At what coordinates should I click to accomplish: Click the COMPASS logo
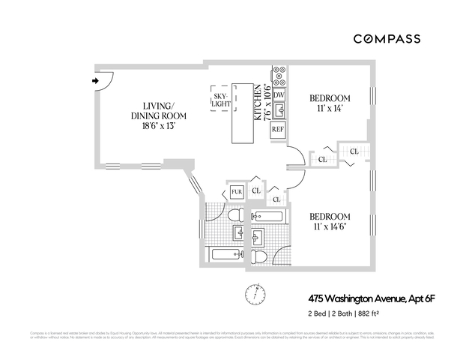point(387,38)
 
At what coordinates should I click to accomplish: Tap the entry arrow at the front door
point(95,79)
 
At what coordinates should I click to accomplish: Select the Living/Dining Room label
point(158,116)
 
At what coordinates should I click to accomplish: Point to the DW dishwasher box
point(279,95)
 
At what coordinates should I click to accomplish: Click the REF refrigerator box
point(278,129)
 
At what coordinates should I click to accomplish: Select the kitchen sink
point(279,112)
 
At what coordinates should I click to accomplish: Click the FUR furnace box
point(236,192)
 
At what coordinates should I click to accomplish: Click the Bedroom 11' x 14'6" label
point(330,221)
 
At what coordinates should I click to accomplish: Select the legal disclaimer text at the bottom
point(232,334)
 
